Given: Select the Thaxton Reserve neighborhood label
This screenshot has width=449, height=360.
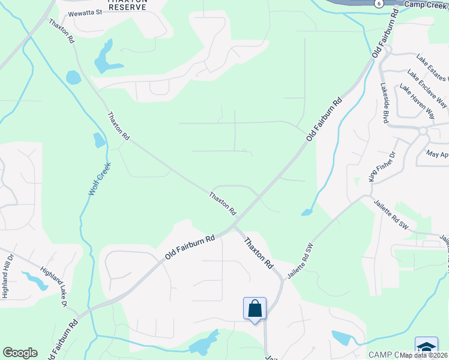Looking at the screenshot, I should coord(126,6).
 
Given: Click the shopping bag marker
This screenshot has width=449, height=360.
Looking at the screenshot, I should coord(255,308).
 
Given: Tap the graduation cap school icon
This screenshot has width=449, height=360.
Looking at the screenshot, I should coord(426,347).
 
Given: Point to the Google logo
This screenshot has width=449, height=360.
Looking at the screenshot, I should coord(20,353).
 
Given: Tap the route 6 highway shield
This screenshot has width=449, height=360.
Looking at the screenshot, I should coord(378,3).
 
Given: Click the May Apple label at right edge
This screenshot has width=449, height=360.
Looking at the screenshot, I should coord(436,154).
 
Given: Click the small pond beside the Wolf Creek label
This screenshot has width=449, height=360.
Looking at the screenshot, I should coord(99,140).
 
